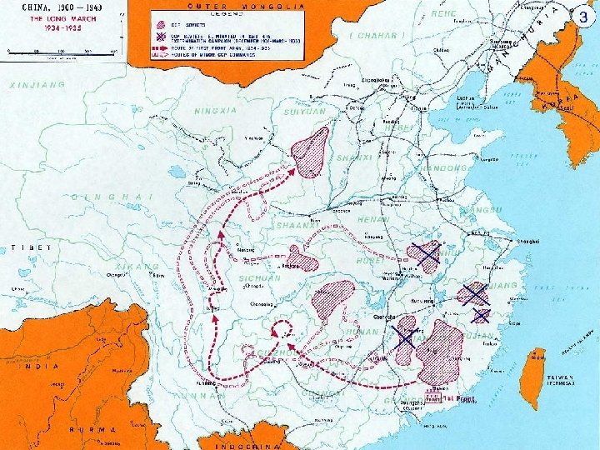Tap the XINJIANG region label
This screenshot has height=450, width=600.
click(x=38, y=85)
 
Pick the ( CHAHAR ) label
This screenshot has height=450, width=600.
click(x=376, y=36)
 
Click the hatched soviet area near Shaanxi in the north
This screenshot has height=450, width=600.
click(x=310, y=152)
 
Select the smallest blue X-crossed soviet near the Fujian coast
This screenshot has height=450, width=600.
click(x=481, y=315)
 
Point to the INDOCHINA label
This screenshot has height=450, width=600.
click(x=245, y=445)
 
